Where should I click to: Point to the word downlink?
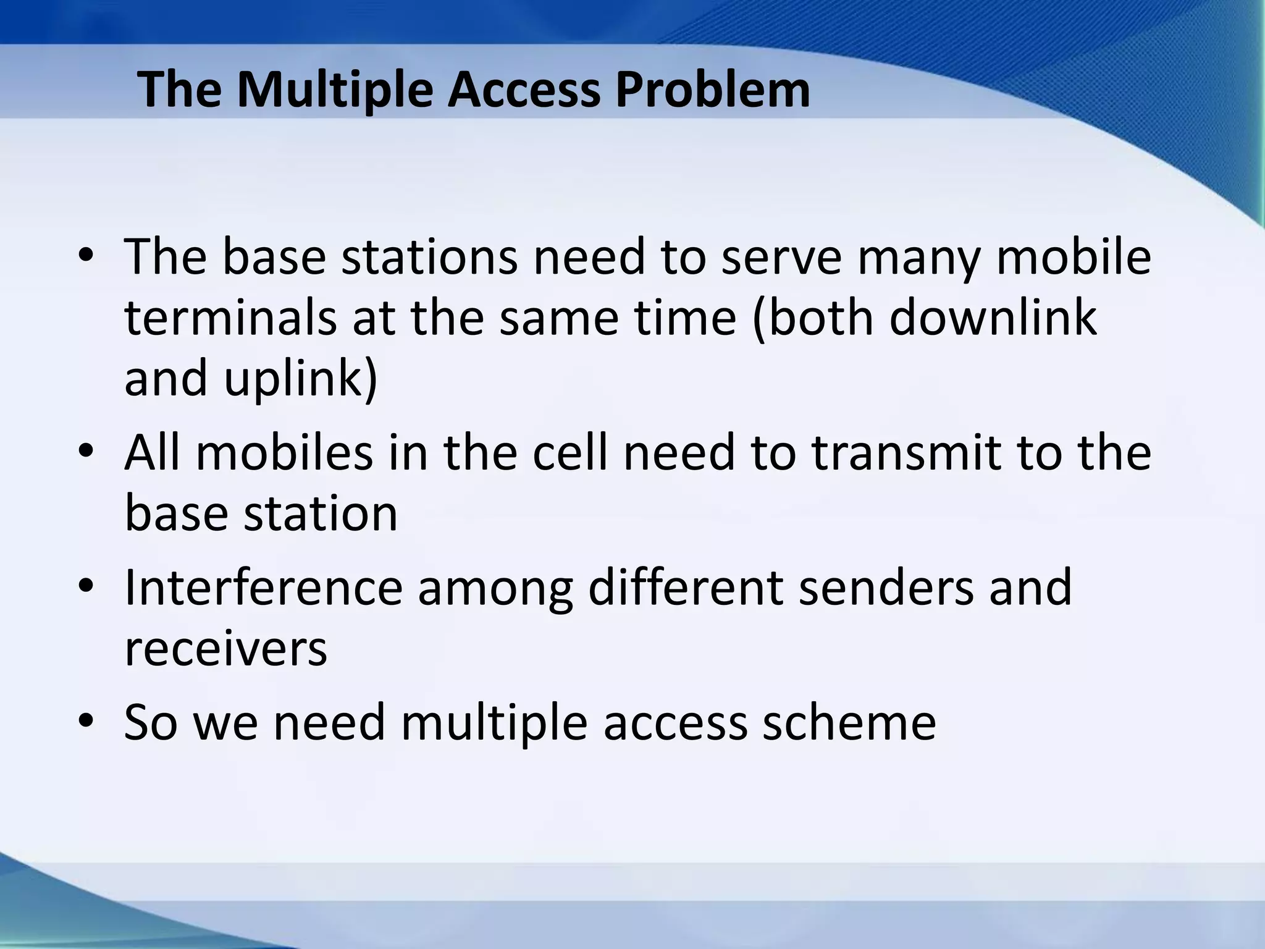(993, 318)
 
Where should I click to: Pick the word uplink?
(300, 379)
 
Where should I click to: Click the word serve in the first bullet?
(781, 257)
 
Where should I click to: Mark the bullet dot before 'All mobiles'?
(86, 453)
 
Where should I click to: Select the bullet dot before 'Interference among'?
(86, 586)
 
